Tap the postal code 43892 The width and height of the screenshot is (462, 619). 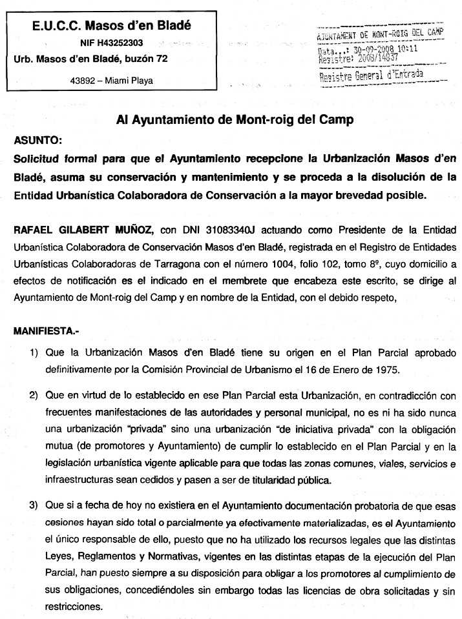click(83, 81)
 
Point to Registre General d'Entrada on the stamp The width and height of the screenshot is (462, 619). click(372, 74)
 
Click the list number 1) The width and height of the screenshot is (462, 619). click(32, 354)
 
